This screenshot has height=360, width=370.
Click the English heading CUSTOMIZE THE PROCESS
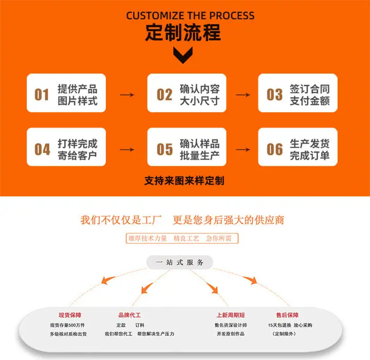point(190,15)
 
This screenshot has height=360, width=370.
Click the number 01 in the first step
point(42,95)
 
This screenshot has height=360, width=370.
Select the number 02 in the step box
point(164,95)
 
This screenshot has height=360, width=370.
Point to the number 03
point(274,95)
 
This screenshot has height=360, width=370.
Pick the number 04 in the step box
point(42,149)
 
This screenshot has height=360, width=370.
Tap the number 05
point(164,149)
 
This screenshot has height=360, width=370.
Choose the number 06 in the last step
point(274,149)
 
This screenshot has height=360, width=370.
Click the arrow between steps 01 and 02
point(127,95)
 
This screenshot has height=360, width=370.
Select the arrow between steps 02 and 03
point(243,95)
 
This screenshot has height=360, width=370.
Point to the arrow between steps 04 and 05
point(127,150)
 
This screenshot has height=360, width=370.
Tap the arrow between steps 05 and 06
point(243,150)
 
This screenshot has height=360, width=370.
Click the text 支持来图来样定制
point(184,181)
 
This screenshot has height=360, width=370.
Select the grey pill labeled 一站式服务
point(179,262)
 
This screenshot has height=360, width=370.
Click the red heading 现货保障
point(70,315)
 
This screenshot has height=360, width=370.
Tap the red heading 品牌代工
point(129,315)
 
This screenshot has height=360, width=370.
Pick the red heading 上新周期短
point(231,315)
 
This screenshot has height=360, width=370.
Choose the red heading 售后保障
point(287,315)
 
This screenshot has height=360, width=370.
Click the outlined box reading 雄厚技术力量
point(182,238)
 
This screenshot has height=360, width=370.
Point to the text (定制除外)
point(284,334)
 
